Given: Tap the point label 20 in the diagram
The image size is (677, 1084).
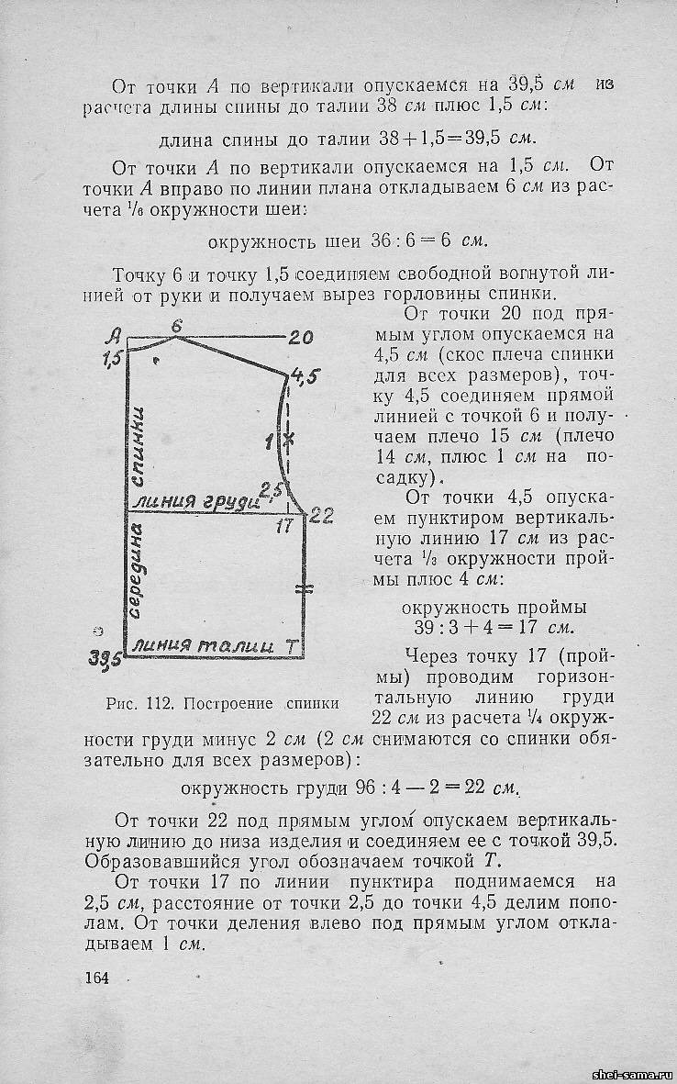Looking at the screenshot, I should (301, 338).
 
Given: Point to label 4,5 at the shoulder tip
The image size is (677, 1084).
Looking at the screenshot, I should (304, 376).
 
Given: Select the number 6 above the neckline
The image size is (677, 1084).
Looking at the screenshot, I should (177, 325).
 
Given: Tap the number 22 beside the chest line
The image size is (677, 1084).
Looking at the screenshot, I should (320, 516).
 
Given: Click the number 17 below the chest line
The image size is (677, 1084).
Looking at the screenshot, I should (283, 526).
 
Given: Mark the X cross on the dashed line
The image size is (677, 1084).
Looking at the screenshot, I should (289, 440).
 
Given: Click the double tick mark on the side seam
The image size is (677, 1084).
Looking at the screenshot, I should (304, 587).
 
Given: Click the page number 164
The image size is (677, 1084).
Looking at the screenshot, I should (96, 978).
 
